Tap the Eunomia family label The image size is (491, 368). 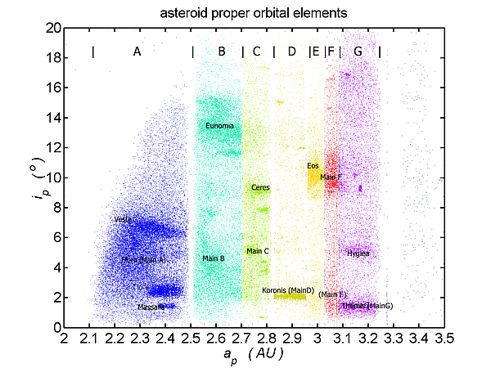[219, 126]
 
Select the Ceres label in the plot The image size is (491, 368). [260, 187]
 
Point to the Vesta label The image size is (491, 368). [123, 219]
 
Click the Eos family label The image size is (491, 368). [313, 166]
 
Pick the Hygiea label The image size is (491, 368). [358, 254]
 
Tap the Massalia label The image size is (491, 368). [151, 307]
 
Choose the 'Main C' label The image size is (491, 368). [257, 250]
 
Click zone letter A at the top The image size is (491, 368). [137, 52]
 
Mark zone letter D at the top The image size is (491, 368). [292, 52]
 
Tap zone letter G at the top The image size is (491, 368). [358, 52]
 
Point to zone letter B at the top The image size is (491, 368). [222, 52]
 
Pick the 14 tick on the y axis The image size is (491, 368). [51, 118]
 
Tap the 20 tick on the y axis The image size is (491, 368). [51, 28]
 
